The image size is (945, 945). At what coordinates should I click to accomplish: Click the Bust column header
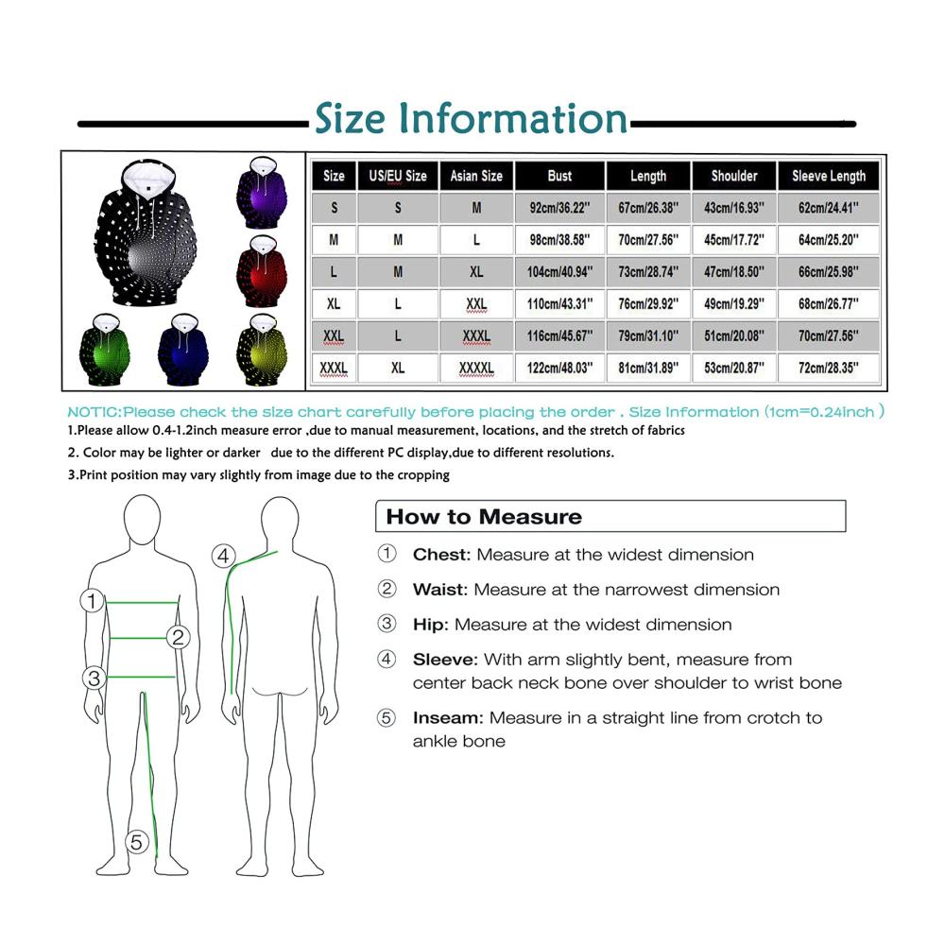click(559, 176)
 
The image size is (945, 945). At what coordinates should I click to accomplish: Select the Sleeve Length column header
click(828, 176)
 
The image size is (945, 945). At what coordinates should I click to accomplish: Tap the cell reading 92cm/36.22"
click(559, 208)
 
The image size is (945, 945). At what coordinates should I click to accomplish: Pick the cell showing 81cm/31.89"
click(648, 368)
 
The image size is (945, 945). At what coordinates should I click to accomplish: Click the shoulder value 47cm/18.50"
click(733, 272)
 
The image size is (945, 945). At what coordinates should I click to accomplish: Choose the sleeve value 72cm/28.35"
click(828, 368)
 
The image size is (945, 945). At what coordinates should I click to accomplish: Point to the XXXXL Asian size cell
click(476, 368)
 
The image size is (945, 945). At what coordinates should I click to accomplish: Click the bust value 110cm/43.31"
click(559, 303)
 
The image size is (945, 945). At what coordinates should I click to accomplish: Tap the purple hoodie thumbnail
click(262, 192)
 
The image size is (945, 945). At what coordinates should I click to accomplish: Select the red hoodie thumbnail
click(262, 271)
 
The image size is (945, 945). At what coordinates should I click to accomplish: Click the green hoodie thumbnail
click(104, 350)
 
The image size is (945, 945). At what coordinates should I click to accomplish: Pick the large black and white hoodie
click(146, 232)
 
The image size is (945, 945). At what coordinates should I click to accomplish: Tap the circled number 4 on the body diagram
click(223, 556)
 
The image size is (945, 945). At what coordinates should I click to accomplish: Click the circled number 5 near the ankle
click(137, 842)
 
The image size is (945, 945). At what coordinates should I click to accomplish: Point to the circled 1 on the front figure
click(93, 600)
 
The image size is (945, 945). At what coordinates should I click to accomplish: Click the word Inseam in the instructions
click(448, 718)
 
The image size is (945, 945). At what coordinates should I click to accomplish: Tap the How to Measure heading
click(484, 517)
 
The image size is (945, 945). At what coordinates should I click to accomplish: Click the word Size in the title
click(350, 118)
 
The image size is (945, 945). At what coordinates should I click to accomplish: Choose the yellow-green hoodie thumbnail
click(262, 350)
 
